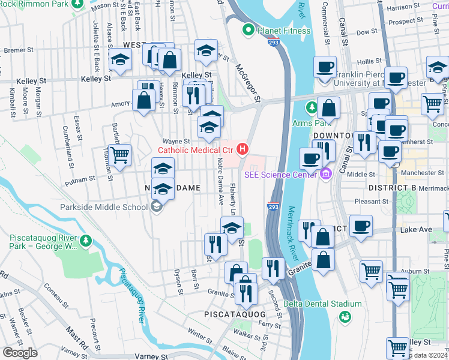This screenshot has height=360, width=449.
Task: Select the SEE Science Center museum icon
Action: click(x=326, y=175)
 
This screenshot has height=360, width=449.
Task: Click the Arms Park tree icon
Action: click(x=312, y=108)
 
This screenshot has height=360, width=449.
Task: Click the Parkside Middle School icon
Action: click(x=157, y=207)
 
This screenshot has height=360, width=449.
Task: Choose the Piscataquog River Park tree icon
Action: click(x=86, y=241)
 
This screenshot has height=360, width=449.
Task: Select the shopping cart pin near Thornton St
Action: click(x=120, y=155)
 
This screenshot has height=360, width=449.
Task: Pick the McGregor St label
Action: click(x=247, y=82)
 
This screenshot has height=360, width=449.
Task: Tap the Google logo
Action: click(x=19, y=353)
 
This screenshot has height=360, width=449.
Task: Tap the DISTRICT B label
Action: click(x=392, y=188)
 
